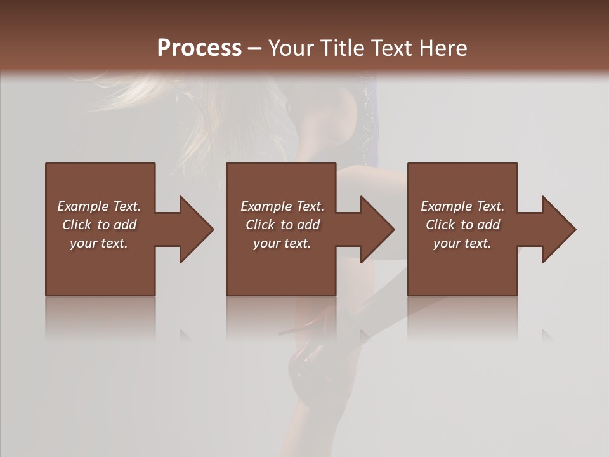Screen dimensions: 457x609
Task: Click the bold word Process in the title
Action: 199,48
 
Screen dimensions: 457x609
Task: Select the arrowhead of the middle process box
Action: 376,229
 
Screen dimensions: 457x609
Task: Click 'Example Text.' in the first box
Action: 99,206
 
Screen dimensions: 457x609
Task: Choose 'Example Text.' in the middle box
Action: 282,206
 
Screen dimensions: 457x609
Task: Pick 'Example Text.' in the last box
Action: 462,206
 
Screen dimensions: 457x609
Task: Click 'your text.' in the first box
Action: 99,243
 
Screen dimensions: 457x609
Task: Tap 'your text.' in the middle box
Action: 282,243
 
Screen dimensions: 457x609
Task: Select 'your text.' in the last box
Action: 462,243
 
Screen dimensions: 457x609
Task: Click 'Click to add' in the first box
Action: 99,225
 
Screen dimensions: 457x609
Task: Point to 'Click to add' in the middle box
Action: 282,225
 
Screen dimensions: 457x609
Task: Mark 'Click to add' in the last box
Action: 462,225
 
